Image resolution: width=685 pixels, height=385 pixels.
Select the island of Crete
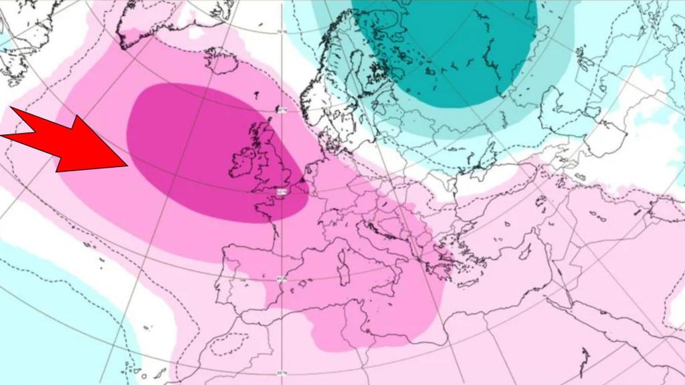pyautogui.click(x=462, y=301)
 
